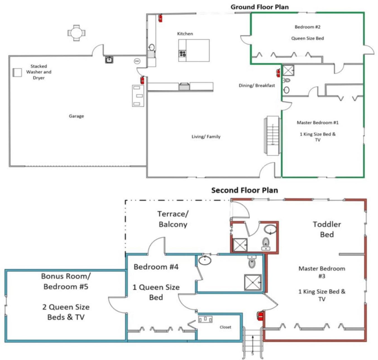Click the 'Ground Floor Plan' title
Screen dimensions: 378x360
pos(260,7)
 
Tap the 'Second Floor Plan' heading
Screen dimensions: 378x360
pos(245,190)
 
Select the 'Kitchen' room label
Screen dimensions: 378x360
pos(185,34)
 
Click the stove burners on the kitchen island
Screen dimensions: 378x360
pos(182,53)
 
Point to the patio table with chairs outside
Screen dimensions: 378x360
pos(76,33)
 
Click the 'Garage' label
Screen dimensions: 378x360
pos(76,116)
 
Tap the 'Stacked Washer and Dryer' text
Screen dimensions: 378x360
pos(39,72)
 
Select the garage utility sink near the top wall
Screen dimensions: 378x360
pos(109,60)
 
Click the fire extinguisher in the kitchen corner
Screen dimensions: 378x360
pos(160,18)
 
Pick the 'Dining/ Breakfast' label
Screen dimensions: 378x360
pos(257,86)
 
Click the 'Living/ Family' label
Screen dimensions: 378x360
pos(206,137)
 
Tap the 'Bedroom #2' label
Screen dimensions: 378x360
pos(307,27)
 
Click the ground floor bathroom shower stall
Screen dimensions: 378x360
pos(288,70)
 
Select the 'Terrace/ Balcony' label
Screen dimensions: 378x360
pos(173,219)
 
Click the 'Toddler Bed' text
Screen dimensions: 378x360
pos(327,229)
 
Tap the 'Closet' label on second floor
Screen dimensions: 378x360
pos(225,327)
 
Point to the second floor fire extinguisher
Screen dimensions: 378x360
pos(260,316)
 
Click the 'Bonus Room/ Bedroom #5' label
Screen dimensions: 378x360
pos(66,281)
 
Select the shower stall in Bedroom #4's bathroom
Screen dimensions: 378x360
pos(253,282)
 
